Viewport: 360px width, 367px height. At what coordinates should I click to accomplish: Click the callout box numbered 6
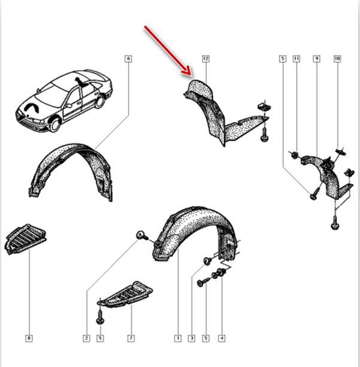pos(128,59)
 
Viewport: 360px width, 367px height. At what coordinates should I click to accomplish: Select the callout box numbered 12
pos(205,59)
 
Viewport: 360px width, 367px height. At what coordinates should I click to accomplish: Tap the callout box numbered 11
pos(297,59)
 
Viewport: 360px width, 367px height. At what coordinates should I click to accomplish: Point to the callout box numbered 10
pos(337,59)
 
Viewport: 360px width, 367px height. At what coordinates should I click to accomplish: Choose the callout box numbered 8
pos(29,338)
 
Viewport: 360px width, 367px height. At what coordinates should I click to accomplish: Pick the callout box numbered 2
pos(86,338)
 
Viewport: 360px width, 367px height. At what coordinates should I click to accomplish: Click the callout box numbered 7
pos(131,338)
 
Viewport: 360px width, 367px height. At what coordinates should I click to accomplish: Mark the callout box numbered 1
pos(178,338)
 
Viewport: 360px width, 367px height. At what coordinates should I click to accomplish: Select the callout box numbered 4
pos(222,338)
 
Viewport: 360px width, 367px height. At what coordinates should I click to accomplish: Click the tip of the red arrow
pos(191,75)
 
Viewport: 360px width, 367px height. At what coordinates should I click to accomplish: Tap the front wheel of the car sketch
pos(56,125)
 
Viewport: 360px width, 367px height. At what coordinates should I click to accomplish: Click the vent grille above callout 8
pos(25,239)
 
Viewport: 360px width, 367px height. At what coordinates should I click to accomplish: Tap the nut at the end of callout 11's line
pos(294,154)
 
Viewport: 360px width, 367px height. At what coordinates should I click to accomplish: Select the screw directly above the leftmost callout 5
pos(100,317)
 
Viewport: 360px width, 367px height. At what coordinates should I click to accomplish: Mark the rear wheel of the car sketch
pos(101,102)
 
